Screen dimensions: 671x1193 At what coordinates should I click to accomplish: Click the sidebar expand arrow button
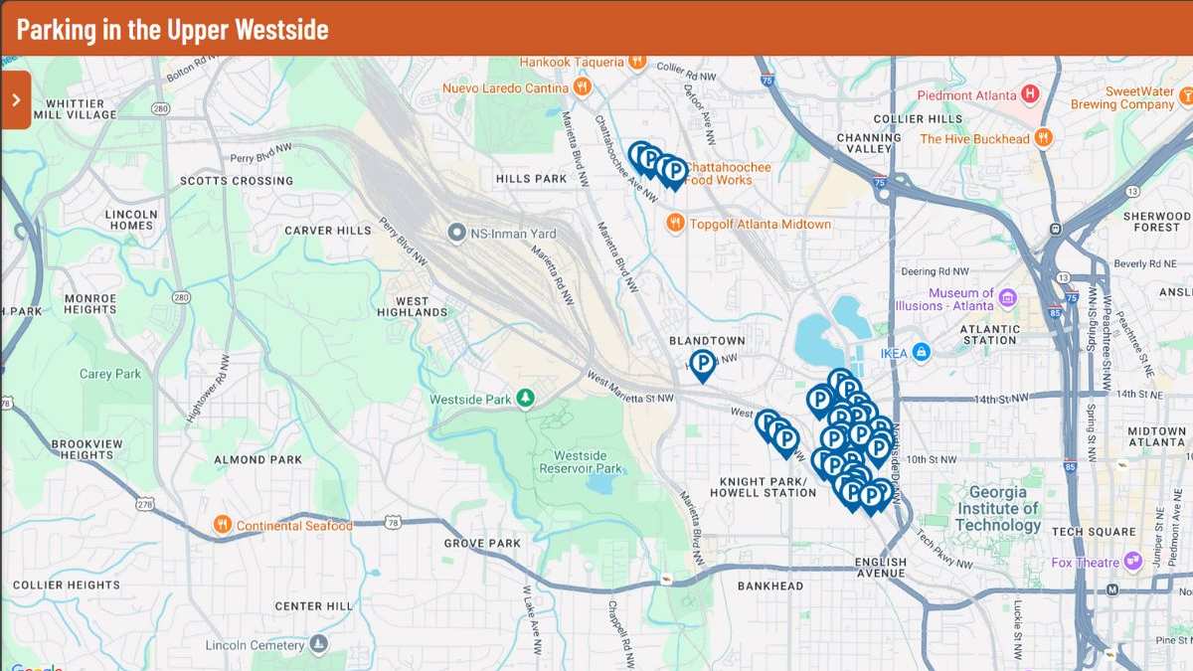coord(16,99)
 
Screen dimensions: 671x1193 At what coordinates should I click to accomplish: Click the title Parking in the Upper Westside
coord(172,29)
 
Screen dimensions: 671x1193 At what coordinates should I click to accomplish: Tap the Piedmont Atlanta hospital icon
coord(1030,94)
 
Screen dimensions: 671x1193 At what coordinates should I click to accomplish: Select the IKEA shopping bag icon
coord(922,351)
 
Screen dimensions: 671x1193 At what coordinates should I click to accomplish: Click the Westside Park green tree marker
coord(525,400)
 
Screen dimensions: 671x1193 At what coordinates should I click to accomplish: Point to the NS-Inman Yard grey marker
coord(457,234)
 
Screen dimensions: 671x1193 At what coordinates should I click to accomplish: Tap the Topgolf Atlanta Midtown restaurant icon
coord(675,224)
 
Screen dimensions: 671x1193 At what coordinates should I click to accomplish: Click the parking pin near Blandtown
coord(703,364)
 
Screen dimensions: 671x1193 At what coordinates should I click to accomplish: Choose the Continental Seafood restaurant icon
coord(223,525)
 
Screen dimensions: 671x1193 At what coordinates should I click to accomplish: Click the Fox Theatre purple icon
coord(1129,562)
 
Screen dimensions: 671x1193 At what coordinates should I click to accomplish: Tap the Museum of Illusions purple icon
coord(1007,298)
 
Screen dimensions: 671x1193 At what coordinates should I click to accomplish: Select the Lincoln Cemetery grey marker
coord(318,644)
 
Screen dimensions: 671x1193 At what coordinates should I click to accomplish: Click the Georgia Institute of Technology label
coord(998,509)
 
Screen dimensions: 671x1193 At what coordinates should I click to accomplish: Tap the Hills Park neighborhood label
coord(531,179)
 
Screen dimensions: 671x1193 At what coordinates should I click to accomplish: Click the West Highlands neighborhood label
coord(412,306)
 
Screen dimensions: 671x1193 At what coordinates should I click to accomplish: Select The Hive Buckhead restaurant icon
coord(1043,138)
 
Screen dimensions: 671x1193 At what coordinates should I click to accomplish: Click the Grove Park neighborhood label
coord(482,544)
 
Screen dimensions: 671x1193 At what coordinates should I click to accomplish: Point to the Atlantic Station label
coord(990,334)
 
